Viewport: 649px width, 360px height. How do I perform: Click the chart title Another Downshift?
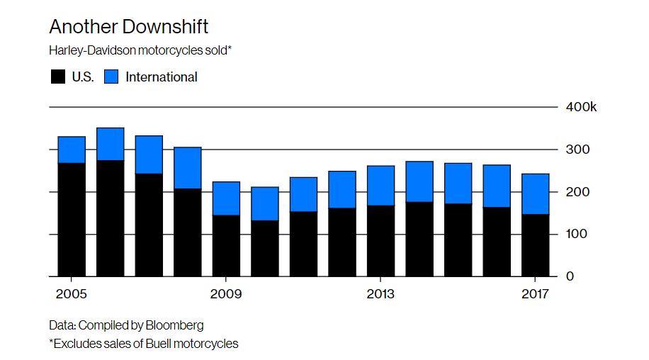click(128, 28)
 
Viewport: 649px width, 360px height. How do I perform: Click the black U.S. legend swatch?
click(57, 77)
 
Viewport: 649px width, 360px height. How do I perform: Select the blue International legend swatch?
click(111, 77)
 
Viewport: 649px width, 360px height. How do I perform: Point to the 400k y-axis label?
click(581, 107)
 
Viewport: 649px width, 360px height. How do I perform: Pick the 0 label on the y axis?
click(569, 276)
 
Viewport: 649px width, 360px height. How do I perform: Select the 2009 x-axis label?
click(225, 293)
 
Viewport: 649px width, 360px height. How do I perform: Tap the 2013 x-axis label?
click(380, 293)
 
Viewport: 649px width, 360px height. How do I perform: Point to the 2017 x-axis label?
click(535, 293)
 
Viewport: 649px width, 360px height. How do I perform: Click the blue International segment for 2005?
click(72, 150)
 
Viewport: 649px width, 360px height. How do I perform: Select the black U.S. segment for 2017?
click(535, 245)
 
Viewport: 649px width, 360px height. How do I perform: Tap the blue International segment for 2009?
click(226, 198)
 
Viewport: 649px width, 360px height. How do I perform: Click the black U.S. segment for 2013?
click(380, 241)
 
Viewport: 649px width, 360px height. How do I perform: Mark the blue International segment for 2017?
click(535, 193)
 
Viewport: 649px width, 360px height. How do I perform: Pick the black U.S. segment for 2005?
click(72, 220)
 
